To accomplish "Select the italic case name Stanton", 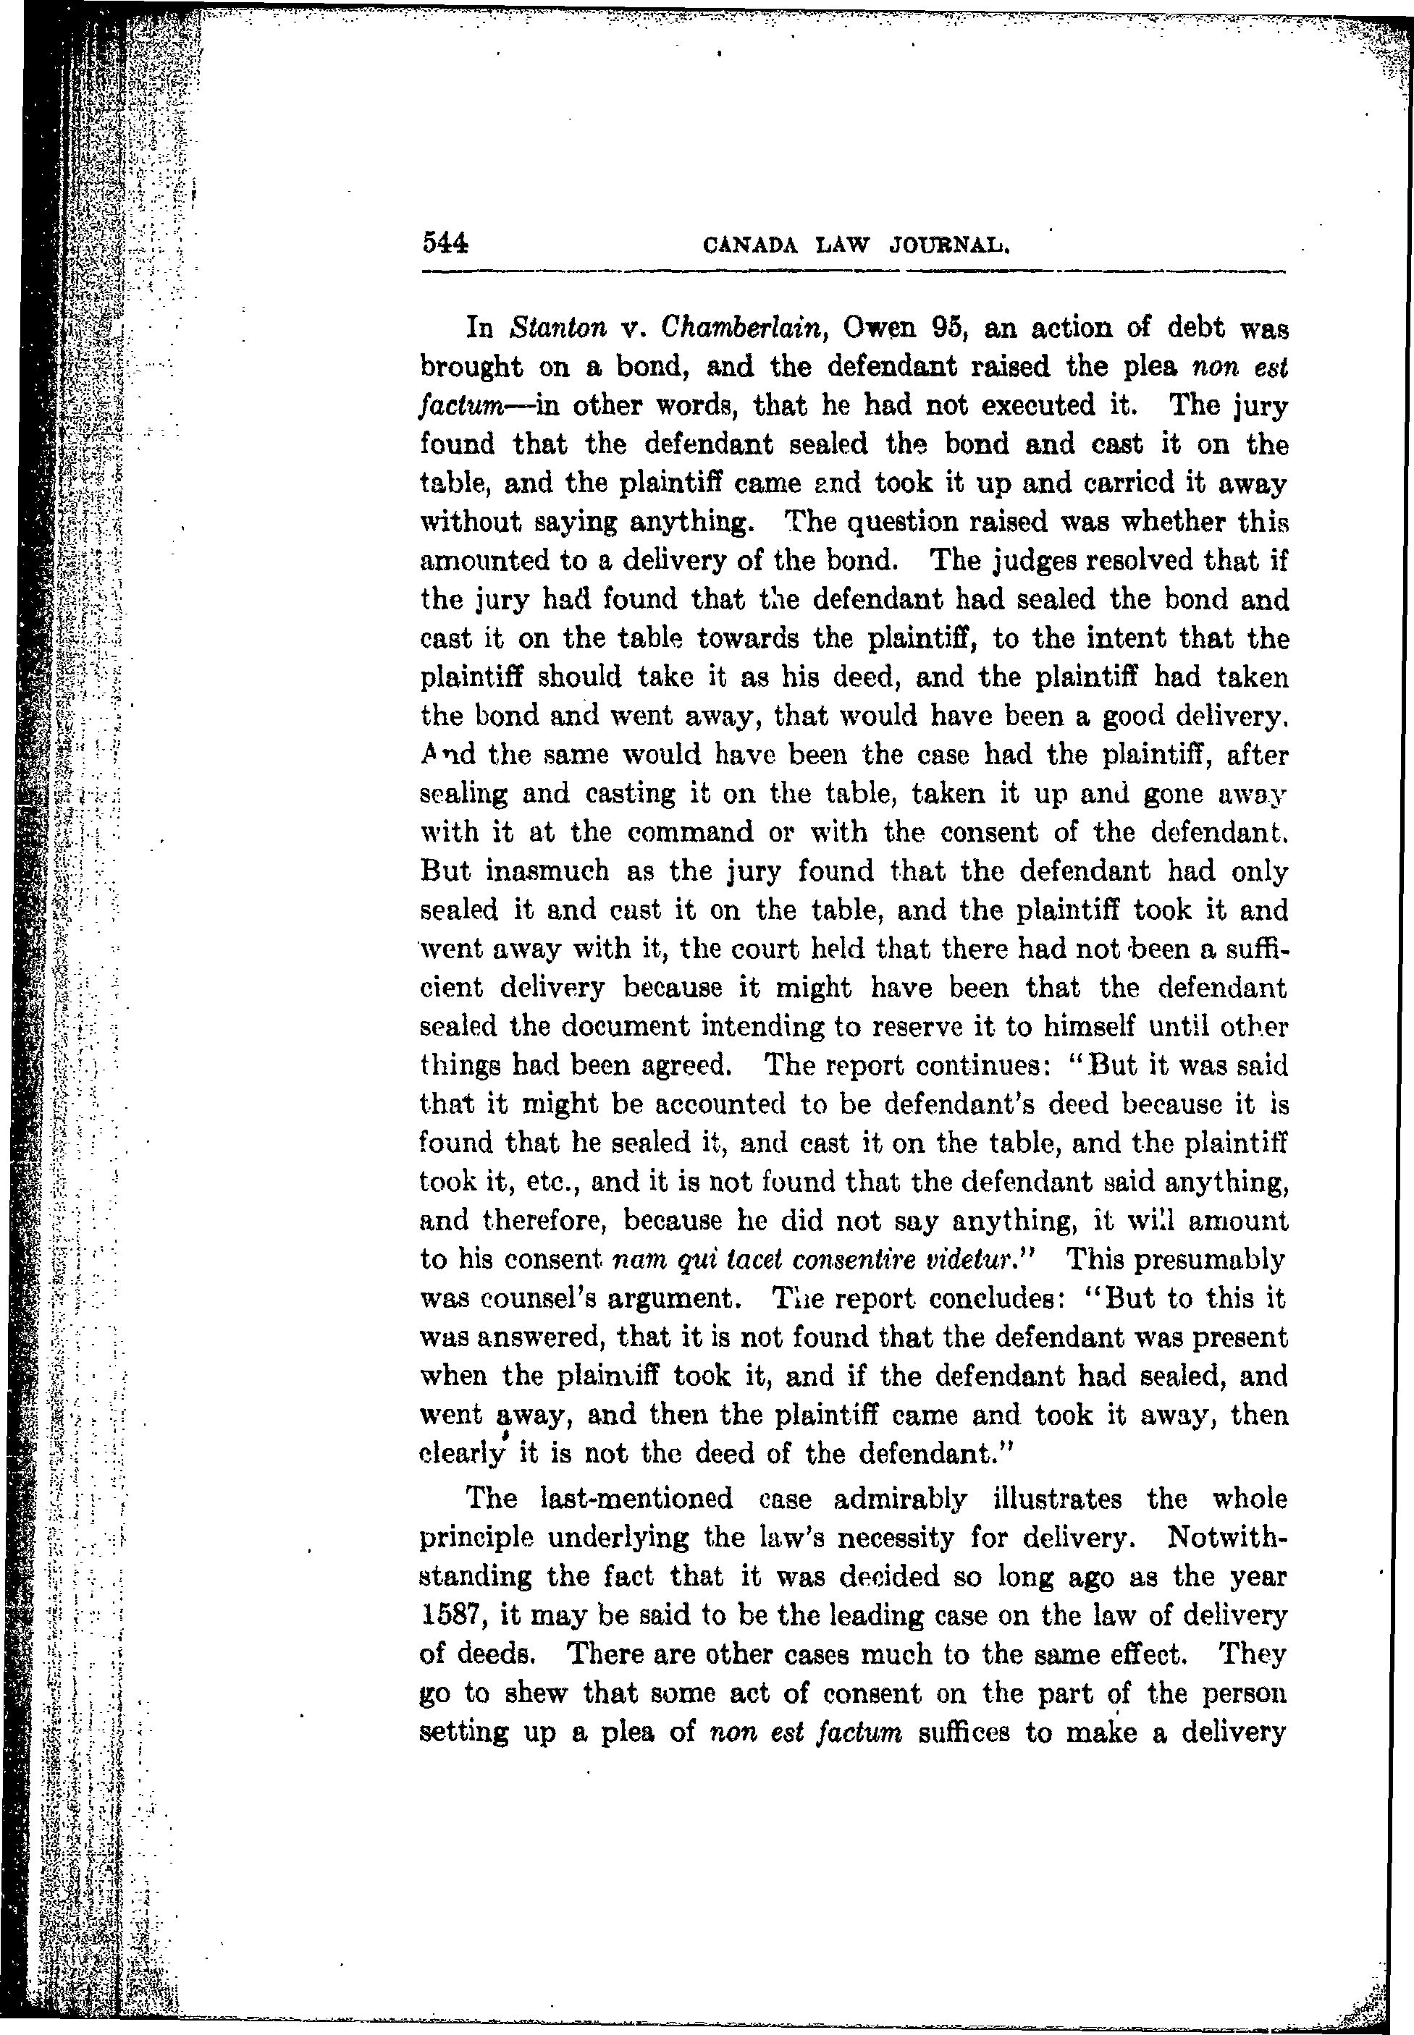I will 558,329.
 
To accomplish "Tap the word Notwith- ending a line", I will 1228,1537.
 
